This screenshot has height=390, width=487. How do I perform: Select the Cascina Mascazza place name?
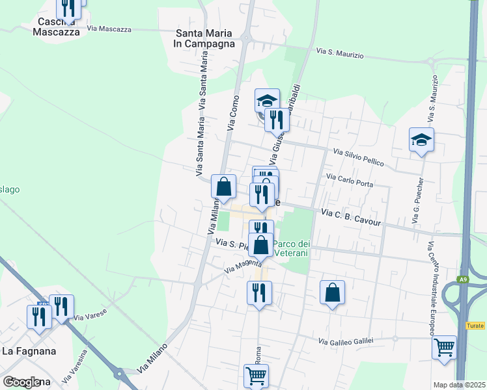point(59,26)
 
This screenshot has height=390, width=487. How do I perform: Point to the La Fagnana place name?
point(29,351)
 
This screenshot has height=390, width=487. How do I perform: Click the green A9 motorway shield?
point(462,280)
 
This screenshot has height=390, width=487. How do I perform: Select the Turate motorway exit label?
point(475,325)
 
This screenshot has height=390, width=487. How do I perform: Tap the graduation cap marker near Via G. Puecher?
point(421,140)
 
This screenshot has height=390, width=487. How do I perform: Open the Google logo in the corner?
point(22,382)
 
